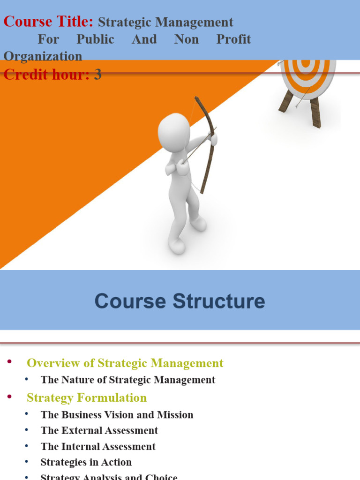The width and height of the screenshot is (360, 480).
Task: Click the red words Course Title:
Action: click(48, 22)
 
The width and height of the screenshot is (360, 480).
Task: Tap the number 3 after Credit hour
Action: click(97, 74)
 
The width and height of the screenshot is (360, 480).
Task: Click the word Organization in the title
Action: click(43, 56)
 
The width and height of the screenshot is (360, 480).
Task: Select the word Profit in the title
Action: click(233, 39)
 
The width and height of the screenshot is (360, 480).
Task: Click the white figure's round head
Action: click(173, 132)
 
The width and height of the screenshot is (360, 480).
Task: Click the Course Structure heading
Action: click(180, 301)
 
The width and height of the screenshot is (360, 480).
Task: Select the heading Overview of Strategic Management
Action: click(125, 363)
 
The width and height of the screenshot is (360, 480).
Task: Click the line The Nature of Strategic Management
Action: click(127, 380)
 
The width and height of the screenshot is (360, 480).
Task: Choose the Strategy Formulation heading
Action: click(86, 397)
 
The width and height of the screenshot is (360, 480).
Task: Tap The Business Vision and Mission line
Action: click(117, 415)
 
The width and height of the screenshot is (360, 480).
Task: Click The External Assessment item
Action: click(99, 430)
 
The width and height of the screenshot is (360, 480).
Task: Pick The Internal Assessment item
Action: click(98, 446)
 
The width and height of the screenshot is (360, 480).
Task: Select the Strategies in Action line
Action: click(86, 462)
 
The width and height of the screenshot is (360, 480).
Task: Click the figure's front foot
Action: click(177, 246)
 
